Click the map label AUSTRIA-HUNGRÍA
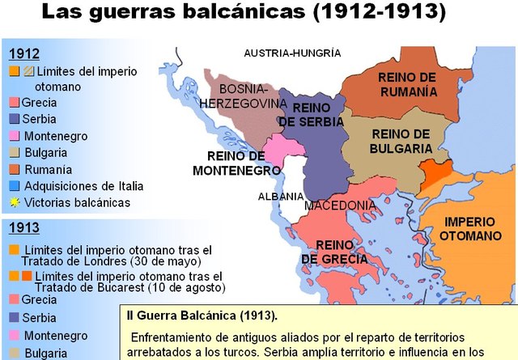click(292, 53)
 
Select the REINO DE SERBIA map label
click(312, 114)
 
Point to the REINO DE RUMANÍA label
click(407, 83)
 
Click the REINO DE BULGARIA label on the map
click(401, 141)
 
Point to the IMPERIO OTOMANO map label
click(472, 227)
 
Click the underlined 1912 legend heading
click(23, 53)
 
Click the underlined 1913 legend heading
click(23, 227)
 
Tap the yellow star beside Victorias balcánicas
click(15, 202)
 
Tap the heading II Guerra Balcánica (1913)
click(202, 315)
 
